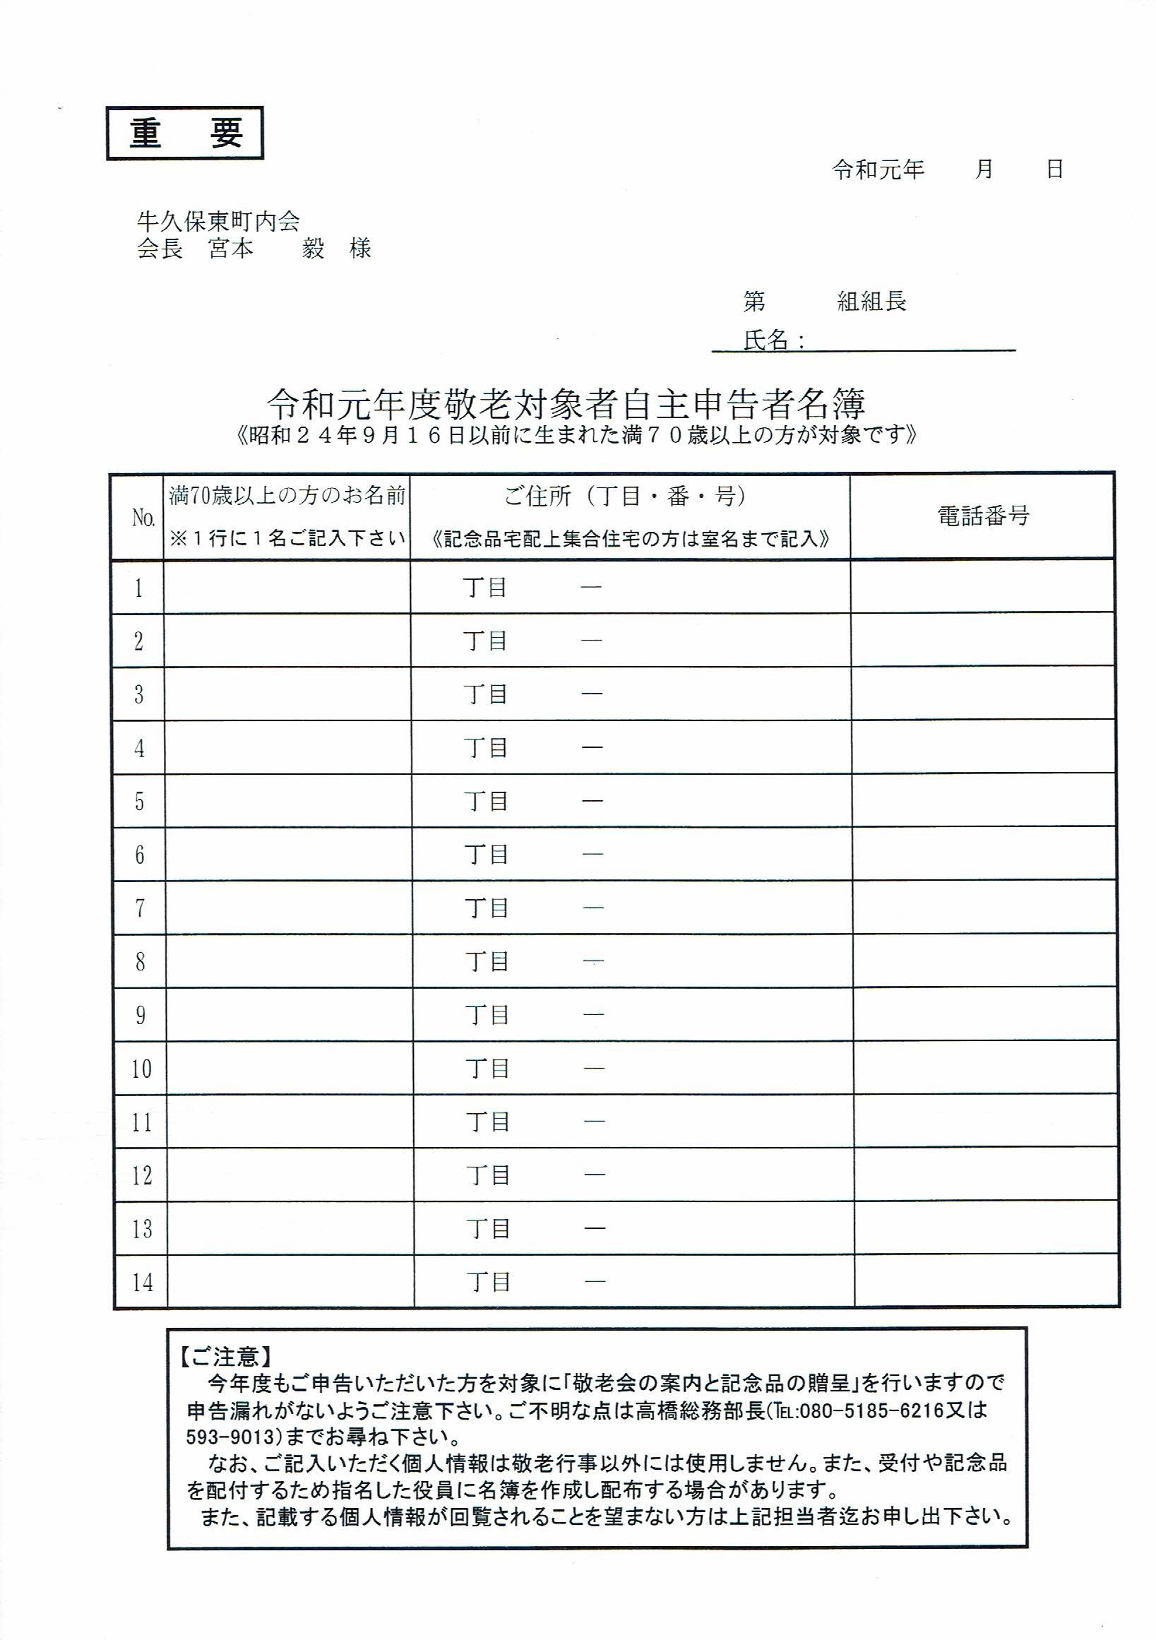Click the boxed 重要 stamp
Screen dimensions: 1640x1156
[185, 133]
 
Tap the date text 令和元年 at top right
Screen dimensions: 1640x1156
[878, 170]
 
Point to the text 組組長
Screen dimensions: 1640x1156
[871, 302]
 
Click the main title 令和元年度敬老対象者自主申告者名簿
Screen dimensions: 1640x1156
[566, 404]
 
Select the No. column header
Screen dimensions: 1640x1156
[143, 518]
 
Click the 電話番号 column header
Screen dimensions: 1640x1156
[982, 516]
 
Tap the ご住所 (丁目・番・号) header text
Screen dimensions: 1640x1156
[626, 496]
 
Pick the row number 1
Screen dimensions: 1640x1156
[138, 588]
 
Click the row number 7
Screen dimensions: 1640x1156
[140, 908]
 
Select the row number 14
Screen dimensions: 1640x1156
[142, 1282]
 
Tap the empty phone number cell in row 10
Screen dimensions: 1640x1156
[984, 1069]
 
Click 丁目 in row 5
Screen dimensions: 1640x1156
[487, 802]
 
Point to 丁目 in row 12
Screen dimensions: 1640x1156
[489, 1175]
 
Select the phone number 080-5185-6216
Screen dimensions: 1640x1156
[860, 1410]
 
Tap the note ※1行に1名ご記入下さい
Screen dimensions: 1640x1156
[287, 538]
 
